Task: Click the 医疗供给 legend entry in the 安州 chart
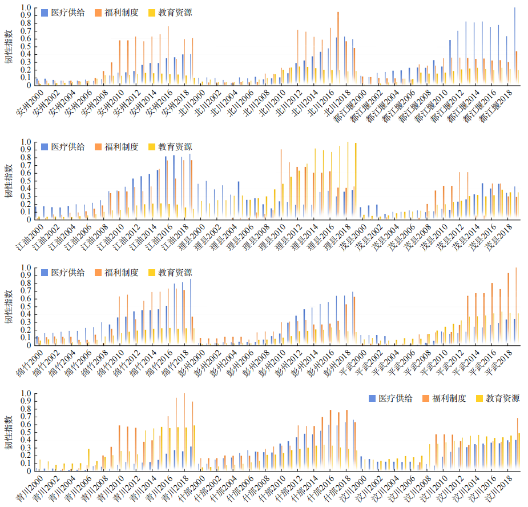pyautogui.click(x=63, y=12)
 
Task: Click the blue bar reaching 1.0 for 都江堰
pyautogui.click(x=515, y=46)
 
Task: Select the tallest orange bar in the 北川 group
pyautogui.click(x=338, y=49)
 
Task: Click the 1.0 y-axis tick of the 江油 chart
pyautogui.click(x=25, y=142)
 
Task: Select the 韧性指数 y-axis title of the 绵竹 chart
pyautogui.click(x=9, y=307)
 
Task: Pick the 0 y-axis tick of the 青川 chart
pyautogui.click(x=29, y=471)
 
